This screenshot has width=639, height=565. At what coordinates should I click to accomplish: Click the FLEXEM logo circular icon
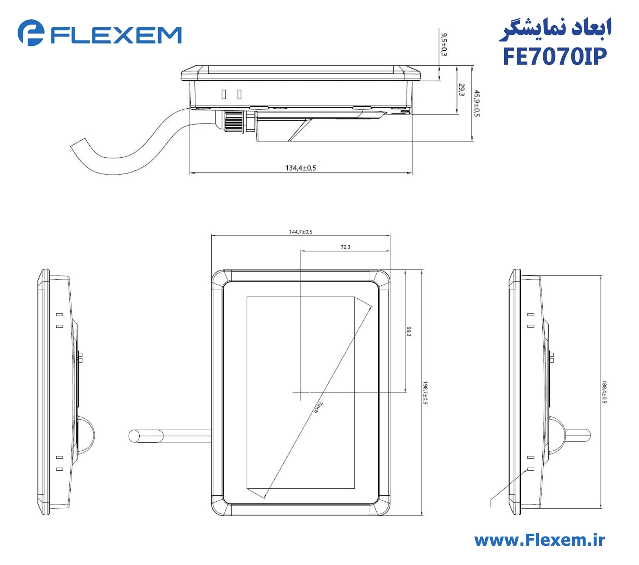[31, 33]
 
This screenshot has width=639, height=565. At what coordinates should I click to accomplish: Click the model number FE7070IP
[555, 57]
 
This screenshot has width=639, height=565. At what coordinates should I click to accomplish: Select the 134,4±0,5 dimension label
[300, 168]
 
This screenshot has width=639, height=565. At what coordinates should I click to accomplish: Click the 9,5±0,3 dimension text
[444, 45]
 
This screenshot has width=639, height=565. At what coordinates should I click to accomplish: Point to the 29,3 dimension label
[462, 90]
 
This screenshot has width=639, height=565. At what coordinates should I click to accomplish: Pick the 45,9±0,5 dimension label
[477, 103]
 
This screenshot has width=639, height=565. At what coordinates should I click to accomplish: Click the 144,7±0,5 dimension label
[300, 232]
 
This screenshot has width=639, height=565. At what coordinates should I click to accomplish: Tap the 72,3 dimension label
[345, 247]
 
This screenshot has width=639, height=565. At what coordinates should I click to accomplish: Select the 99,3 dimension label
[409, 331]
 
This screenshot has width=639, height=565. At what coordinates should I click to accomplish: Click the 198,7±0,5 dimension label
[425, 393]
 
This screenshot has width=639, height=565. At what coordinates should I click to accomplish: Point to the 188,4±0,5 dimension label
[604, 392]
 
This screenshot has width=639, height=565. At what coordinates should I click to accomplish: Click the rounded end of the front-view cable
[134, 436]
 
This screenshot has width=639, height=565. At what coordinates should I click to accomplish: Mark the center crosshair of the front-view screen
[301, 392]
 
